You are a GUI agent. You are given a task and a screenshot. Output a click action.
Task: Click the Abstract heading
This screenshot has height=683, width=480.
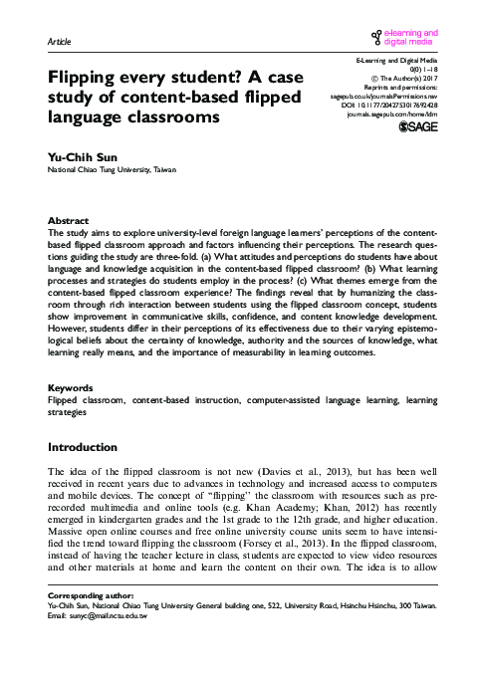(69, 220)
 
